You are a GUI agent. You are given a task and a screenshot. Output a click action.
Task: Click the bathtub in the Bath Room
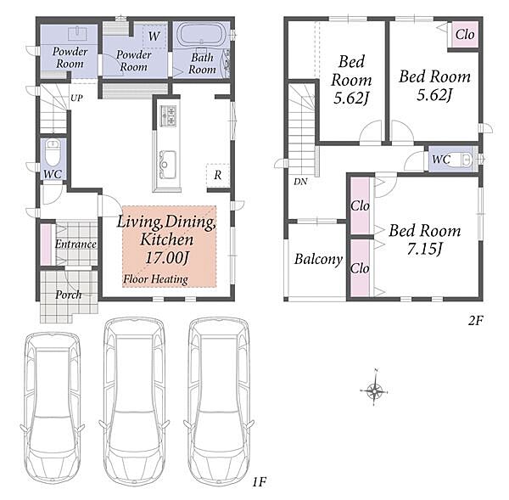[x=201, y=35]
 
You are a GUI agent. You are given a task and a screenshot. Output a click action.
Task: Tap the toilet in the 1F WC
[x=53, y=152]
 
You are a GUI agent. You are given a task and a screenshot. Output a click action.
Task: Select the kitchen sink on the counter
[x=167, y=165]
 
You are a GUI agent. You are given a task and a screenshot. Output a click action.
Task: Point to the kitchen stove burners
[x=168, y=115]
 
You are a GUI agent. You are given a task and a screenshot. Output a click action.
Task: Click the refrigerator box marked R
[x=218, y=175]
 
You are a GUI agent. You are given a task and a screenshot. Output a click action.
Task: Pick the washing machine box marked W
[x=154, y=36]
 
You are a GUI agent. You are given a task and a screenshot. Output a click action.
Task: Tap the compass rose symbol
[x=374, y=389]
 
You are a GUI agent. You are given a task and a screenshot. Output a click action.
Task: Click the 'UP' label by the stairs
[x=76, y=98]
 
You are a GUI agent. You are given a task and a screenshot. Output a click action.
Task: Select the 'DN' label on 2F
[x=300, y=182]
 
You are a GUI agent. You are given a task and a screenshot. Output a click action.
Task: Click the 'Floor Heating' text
[x=155, y=279]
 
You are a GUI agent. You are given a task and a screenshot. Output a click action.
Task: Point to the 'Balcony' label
[x=318, y=259]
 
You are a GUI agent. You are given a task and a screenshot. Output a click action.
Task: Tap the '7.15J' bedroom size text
[x=425, y=250]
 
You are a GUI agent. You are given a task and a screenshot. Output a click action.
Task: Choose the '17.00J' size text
[x=167, y=258]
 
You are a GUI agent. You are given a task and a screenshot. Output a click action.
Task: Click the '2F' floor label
[x=475, y=321]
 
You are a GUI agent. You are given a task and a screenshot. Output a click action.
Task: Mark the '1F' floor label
[x=260, y=482]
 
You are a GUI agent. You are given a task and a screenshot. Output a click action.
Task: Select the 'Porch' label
[x=69, y=295]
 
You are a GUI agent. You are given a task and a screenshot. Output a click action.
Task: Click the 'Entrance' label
[x=76, y=244]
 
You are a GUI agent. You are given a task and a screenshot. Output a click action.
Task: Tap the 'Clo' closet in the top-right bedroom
[x=465, y=34]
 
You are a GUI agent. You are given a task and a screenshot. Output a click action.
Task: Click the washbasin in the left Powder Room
[x=78, y=33]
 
